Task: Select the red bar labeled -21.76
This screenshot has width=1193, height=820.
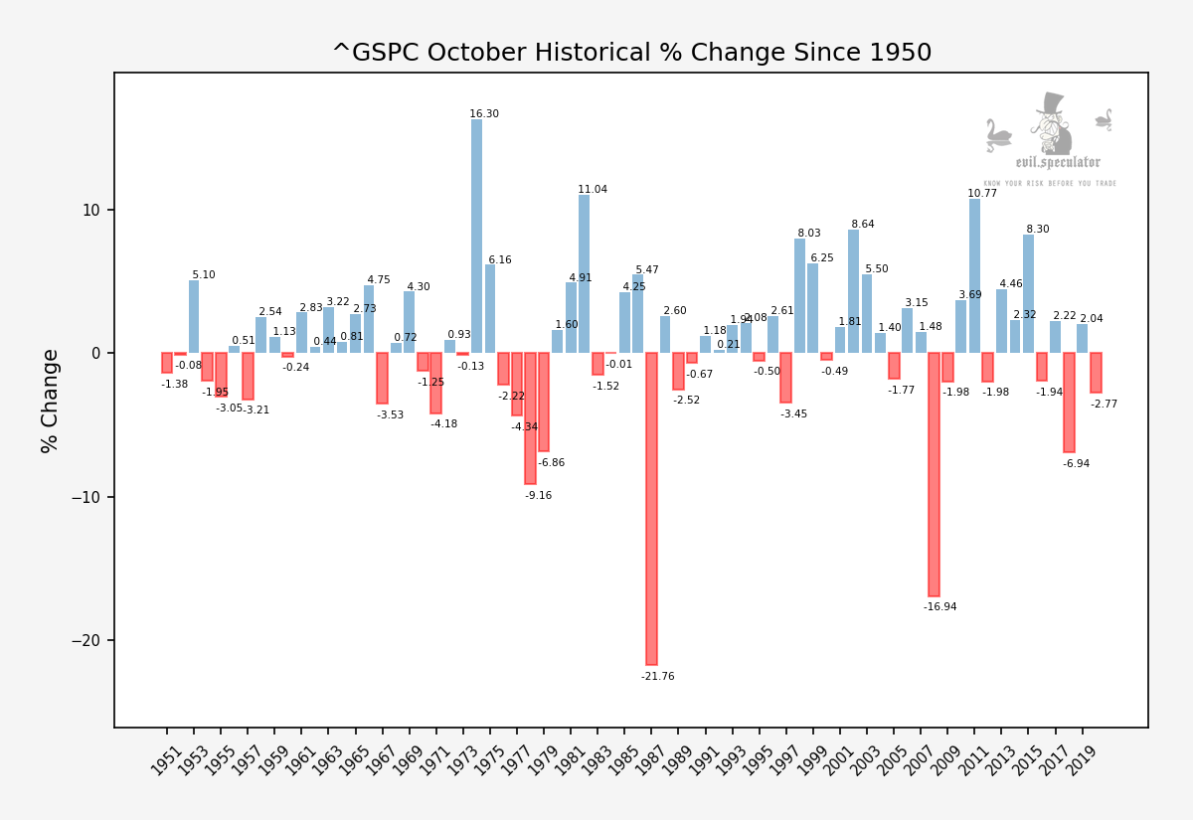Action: coord(651,508)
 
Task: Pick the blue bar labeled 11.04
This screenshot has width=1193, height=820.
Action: coord(584,273)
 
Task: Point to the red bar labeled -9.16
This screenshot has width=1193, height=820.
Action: coord(530,418)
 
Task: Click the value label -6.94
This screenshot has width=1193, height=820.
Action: coord(1076,464)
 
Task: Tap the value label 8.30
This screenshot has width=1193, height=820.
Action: coord(1037,230)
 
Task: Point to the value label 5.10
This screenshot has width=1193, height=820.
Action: coord(203,275)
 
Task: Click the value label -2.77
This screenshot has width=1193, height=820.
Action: coord(1104,405)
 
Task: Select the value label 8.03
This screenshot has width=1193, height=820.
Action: coord(808,234)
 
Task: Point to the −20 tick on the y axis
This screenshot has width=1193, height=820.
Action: coord(85,641)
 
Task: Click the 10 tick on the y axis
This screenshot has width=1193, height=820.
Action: coord(91,211)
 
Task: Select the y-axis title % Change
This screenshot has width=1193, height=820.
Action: coord(50,401)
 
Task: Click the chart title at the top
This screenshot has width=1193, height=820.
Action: coord(631,53)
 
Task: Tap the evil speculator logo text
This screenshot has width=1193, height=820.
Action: coord(1057,163)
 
